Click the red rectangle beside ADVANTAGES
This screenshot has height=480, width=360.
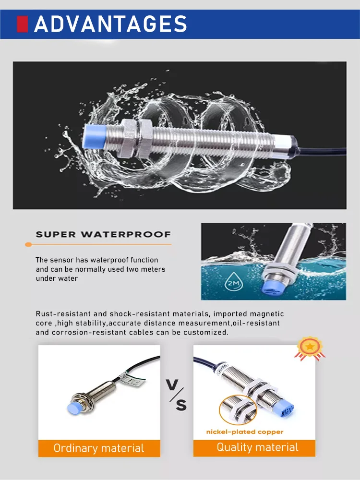(23, 24)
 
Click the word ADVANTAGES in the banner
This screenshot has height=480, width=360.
(110, 24)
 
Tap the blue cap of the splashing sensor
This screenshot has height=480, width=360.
(95, 137)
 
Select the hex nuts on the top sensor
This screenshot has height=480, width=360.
(137, 139)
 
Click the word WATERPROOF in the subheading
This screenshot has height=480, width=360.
(126, 235)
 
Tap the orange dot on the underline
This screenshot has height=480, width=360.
(28, 244)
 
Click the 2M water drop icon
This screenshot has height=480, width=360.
(234, 282)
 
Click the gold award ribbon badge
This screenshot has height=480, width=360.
(310, 348)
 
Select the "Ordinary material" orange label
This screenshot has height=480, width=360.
(99, 448)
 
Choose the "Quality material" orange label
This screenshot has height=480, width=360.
(254, 447)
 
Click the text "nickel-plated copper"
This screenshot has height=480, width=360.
(245, 432)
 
